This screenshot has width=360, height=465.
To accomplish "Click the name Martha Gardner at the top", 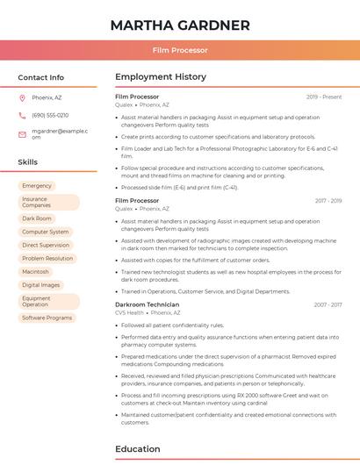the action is (x=180, y=25).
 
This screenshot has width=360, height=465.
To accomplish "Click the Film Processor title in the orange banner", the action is (x=180, y=51).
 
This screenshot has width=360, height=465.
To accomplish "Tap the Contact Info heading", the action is (x=40, y=77).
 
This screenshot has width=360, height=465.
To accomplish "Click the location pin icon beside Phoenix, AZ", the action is (x=22, y=97).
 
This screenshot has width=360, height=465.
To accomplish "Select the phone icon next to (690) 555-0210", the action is (x=22, y=115).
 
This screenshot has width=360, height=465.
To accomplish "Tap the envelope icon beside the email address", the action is (x=22, y=133).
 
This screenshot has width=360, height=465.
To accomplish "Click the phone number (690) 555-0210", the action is (x=50, y=115).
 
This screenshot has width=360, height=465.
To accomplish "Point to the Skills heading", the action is (x=27, y=162).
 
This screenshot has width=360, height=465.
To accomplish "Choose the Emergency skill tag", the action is (x=37, y=186).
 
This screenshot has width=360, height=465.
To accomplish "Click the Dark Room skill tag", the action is (x=37, y=218).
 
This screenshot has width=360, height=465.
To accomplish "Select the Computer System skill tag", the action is (x=46, y=232).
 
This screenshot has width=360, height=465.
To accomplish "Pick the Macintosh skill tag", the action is (x=35, y=272).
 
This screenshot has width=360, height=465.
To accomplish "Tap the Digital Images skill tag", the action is (x=41, y=285).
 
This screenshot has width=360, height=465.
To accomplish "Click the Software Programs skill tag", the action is (x=47, y=318).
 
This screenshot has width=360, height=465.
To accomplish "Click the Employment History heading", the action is (x=160, y=77).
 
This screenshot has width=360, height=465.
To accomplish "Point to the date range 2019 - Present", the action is (x=324, y=97).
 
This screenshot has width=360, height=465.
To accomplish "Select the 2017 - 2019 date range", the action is (x=328, y=201).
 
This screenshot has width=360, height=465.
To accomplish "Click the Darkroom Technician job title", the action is (x=147, y=304).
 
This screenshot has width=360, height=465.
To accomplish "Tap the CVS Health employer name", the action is (x=129, y=312).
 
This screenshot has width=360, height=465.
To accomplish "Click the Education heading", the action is (x=138, y=448).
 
